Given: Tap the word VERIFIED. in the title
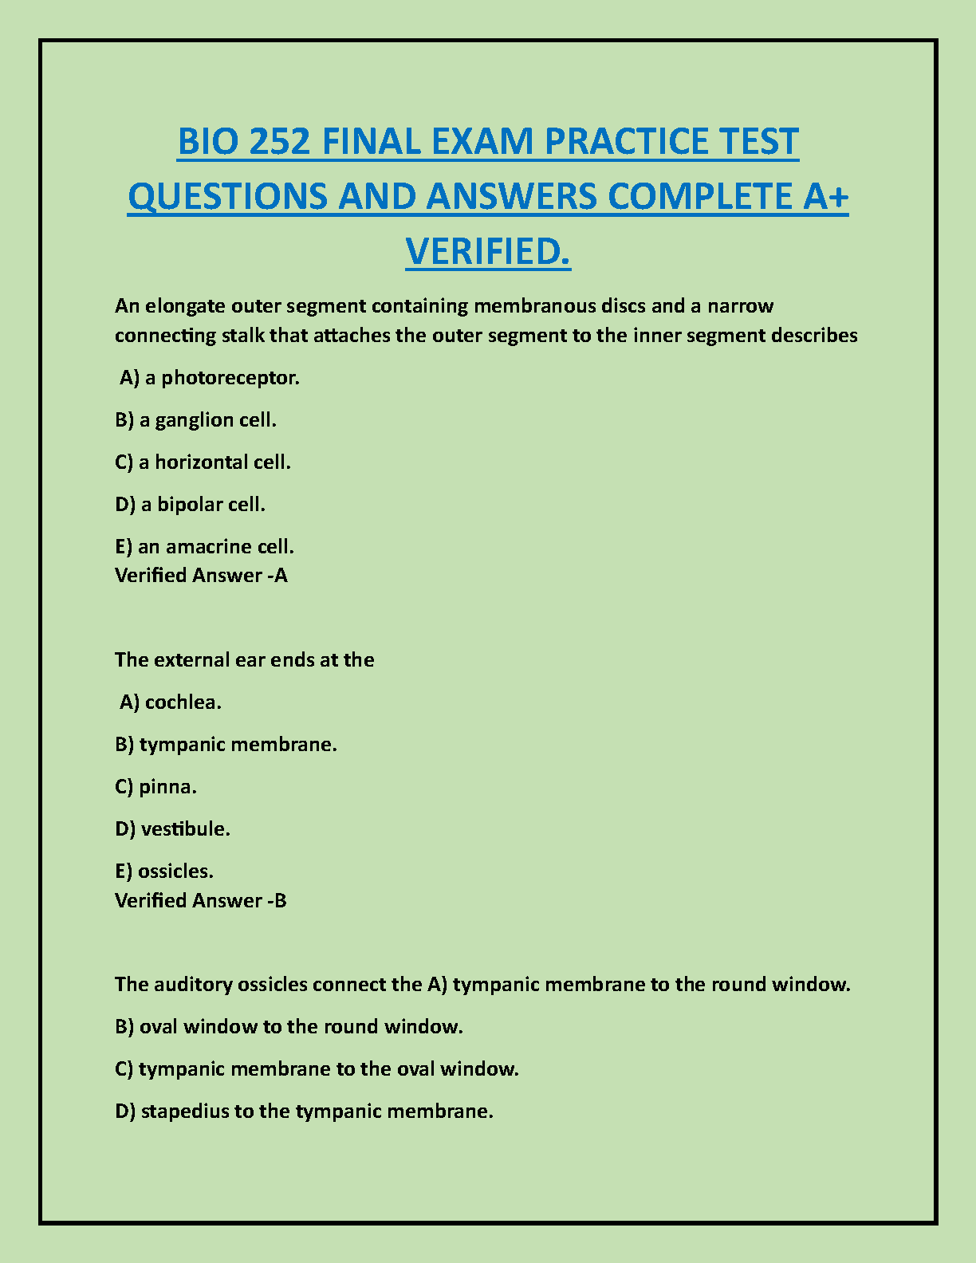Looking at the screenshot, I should (x=488, y=252).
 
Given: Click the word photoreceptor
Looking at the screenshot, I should (x=230, y=378).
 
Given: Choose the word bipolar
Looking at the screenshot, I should (x=190, y=505).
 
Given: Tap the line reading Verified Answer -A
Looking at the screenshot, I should (x=201, y=576).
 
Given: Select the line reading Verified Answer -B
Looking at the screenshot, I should (x=201, y=901).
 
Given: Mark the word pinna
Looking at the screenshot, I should (x=167, y=787).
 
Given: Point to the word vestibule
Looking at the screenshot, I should (x=186, y=829).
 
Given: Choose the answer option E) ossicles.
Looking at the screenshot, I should (x=164, y=872).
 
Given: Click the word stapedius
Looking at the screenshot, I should (x=185, y=1112).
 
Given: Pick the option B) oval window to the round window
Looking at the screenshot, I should (x=289, y=1027).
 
